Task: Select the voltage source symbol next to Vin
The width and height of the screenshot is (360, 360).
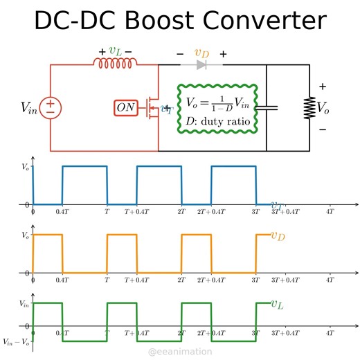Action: click(x=51, y=107)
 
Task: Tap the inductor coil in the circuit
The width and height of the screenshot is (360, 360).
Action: click(x=116, y=64)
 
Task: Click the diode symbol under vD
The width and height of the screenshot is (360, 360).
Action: click(x=201, y=65)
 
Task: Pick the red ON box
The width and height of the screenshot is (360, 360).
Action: click(x=126, y=108)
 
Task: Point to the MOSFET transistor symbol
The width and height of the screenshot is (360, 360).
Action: click(x=150, y=108)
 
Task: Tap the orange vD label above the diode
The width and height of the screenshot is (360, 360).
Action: click(x=201, y=53)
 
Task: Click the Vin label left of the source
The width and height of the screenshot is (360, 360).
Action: click(x=29, y=107)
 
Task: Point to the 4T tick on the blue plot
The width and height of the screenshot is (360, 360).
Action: click(x=330, y=213)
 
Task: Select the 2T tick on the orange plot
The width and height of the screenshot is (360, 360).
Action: click(x=181, y=280)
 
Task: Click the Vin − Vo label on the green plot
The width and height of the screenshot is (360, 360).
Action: click(x=15, y=342)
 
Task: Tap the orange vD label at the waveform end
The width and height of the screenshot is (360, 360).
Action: click(x=278, y=236)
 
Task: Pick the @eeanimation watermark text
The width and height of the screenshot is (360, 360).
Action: click(x=180, y=352)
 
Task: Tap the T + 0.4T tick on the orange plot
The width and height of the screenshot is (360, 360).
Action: click(x=137, y=280)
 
